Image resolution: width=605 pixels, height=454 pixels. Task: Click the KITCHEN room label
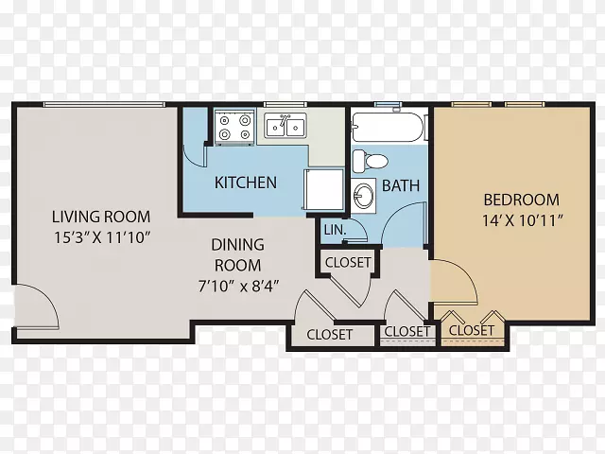[246, 183]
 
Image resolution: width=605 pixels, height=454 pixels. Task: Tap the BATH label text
[401, 185]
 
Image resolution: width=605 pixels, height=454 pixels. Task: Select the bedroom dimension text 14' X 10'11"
[523, 220]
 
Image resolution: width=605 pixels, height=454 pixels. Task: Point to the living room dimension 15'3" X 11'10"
[101, 237]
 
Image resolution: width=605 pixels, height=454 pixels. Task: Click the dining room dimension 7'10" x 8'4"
[238, 287]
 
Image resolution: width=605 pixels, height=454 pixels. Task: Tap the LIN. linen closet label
[335, 230]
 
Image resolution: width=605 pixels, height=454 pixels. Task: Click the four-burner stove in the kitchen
[234, 128]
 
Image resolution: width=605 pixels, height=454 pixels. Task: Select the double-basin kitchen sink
[285, 125]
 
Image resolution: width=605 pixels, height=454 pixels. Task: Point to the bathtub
[388, 127]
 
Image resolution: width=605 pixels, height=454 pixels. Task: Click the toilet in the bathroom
[370, 161]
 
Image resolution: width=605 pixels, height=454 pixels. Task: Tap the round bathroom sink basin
[363, 196]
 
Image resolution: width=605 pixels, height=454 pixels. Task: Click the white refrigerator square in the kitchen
[324, 189]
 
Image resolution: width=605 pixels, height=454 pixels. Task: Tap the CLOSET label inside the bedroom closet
[472, 330]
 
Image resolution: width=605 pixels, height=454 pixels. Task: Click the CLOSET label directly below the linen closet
[348, 263]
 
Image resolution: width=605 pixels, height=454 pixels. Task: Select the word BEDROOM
[521, 200]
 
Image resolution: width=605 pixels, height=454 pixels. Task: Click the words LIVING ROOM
[101, 217]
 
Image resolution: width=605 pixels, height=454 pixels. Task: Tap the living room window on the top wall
[104, 104]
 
